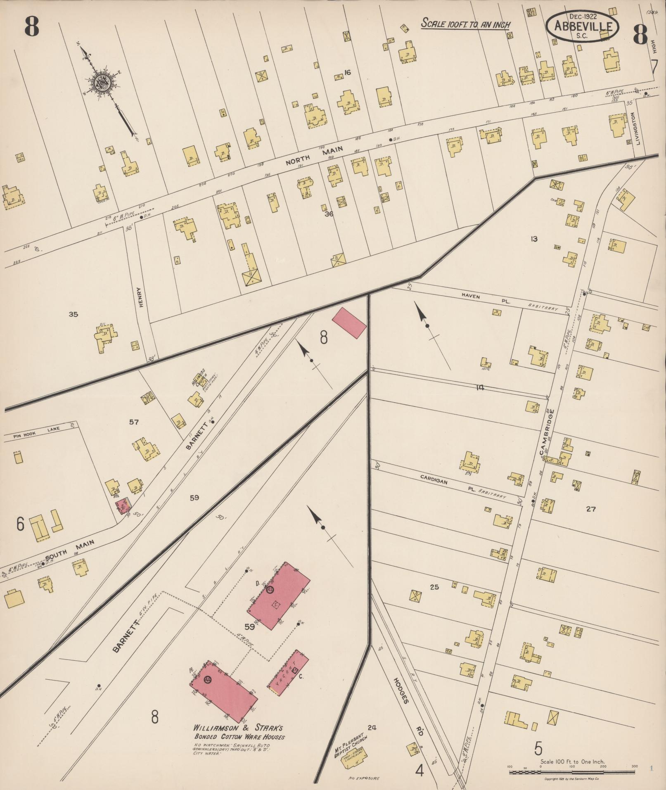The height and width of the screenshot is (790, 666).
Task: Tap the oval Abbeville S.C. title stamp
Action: (583, 26)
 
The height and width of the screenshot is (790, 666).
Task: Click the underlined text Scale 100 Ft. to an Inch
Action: (465, 24)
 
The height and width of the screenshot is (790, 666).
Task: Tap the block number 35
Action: (73, 314)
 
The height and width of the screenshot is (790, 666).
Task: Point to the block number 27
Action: (591, 509)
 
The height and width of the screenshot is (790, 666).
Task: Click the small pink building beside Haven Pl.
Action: (349, 323)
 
